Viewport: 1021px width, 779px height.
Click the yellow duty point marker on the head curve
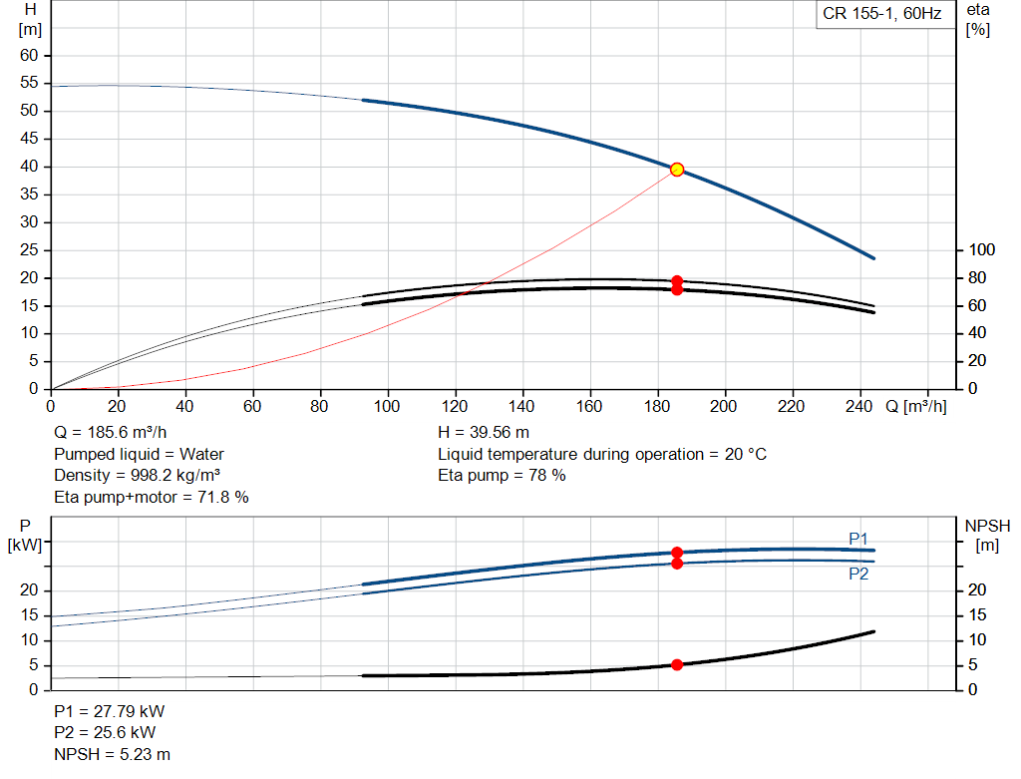677,170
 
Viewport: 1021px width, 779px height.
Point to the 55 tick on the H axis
29,83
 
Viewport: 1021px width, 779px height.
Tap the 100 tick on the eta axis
982,249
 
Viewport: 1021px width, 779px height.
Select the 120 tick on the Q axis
455,406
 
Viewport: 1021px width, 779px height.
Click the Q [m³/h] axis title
916,406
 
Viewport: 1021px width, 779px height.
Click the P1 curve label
858,539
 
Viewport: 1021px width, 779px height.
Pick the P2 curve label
858,574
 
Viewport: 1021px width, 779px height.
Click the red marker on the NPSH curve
677,665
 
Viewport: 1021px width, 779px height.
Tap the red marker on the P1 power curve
677,553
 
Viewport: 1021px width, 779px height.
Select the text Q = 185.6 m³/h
110,433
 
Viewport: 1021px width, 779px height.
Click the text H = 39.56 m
484,433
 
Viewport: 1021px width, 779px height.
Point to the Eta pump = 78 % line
502,476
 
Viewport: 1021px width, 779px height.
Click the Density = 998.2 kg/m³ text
137,476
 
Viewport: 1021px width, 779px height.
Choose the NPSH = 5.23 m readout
112,754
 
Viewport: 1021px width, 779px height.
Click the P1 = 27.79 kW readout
109,711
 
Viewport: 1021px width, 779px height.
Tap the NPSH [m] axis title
987,536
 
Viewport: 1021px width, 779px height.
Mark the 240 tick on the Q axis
858,406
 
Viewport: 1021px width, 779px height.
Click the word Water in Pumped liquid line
201,454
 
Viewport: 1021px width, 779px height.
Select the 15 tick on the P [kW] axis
29,615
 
